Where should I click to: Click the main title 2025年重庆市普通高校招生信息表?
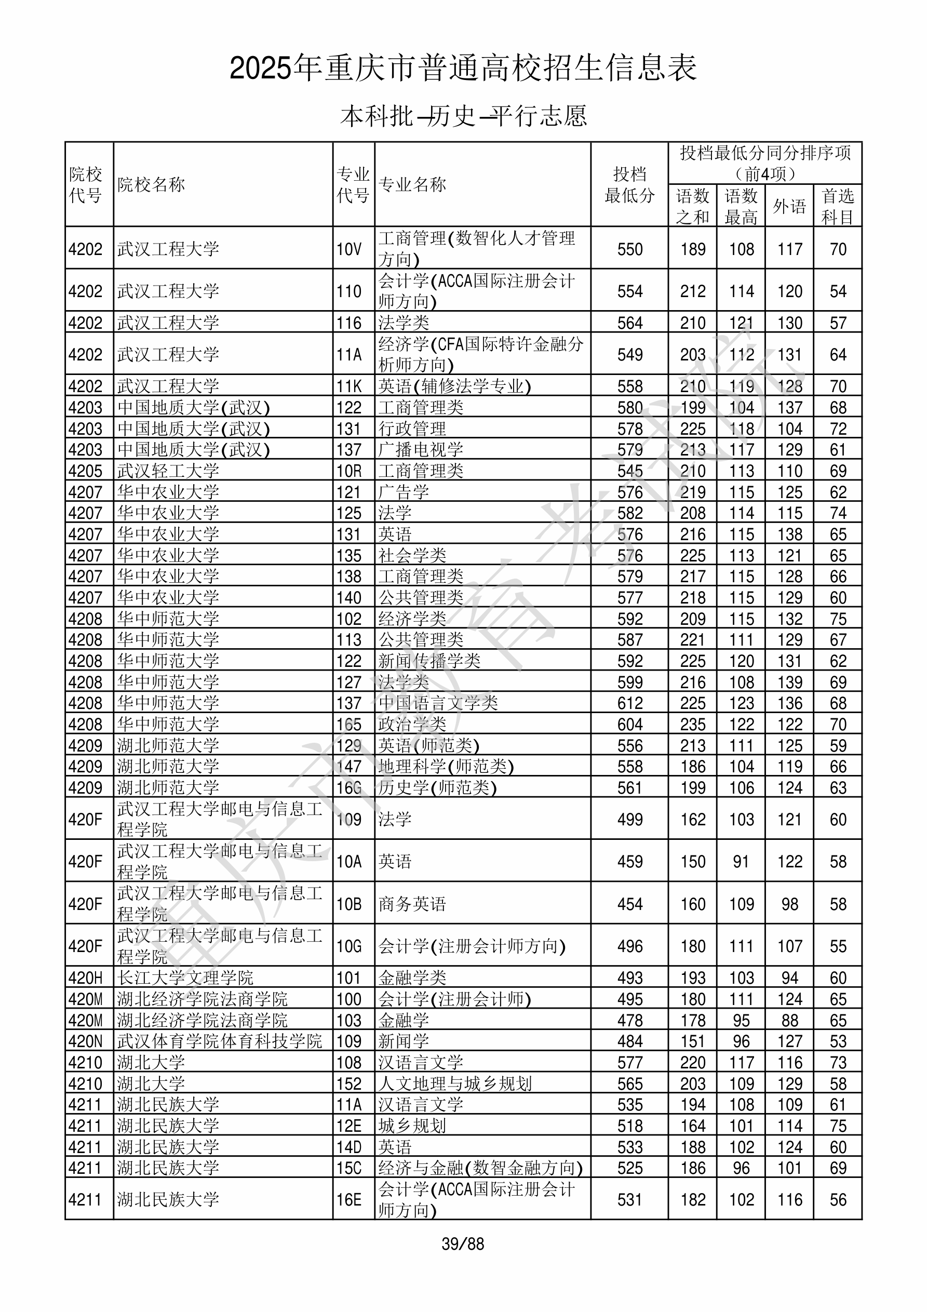[x=463, y=68]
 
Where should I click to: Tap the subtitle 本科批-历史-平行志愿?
[x=463, y=116]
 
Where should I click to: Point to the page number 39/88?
[x=463, y=1244]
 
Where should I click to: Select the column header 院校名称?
[x=152, y=184]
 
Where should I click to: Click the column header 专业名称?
[x=412, y=184]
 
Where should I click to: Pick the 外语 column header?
[x=789, y=206]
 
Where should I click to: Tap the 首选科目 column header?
[x=838, y=206]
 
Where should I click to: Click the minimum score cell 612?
[x=630, y=703]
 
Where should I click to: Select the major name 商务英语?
[x=412, y=904]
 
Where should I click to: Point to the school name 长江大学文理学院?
[x=185, y=978]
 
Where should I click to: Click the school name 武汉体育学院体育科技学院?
[x=220, y=1041]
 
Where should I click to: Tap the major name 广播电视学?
[x=421, y=450]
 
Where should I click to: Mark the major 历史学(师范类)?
[x=437, y=788]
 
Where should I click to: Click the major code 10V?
[x=349, y=249]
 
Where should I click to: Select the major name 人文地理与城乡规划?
[x=455, y=1083]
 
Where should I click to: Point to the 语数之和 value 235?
[x=693, y=725]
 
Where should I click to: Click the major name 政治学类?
[x=412, y=725]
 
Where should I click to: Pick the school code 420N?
[x=86, y=1041]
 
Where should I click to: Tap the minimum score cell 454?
[x=630, y=904]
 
